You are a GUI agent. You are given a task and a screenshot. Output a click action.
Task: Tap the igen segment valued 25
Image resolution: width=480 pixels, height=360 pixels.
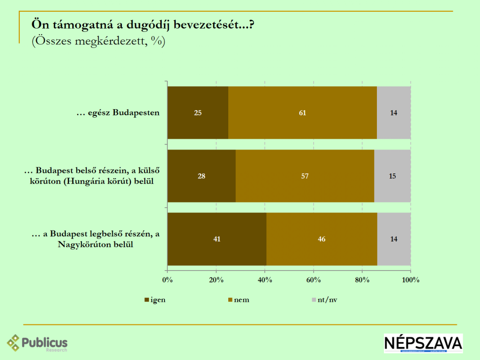[x=198, y=112]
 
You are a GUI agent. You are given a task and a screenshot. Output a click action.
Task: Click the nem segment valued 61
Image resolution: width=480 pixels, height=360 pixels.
[x=302, y=112]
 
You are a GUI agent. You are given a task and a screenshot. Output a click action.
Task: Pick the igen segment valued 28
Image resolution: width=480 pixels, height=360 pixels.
[x=202, y=176]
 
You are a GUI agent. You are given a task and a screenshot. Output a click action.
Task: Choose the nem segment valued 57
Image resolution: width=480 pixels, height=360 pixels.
[x=305, y=176]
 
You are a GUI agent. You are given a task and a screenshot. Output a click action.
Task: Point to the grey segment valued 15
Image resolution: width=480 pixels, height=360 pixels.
[x=392, y=176]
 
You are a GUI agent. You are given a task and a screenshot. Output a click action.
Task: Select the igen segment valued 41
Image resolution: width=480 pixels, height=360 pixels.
[x=217, y=239]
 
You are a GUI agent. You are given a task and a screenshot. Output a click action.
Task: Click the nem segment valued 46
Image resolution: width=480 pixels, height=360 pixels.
[x=322, y=239]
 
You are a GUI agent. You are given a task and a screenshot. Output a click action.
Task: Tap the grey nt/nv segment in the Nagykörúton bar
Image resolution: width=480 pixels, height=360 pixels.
[x=394, y=239]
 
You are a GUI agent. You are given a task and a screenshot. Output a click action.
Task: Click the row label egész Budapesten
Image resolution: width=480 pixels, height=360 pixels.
[x=119, y=113]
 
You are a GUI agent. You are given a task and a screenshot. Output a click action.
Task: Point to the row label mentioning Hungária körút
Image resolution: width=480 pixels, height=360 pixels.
[x=92, y=176]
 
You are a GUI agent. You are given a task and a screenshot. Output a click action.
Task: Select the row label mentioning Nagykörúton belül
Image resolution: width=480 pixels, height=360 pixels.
[x=96, y=239]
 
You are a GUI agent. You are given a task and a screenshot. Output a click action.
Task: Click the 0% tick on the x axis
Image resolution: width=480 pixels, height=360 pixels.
[x=167, y=280]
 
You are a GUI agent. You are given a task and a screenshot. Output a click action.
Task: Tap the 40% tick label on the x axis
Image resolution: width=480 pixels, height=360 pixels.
[x=265, y=280]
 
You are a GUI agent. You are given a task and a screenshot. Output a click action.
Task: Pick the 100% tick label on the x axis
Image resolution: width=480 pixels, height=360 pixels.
[x=411, y=280]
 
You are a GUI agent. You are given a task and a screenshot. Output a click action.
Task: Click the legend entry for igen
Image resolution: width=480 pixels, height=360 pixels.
[x=155, y=300]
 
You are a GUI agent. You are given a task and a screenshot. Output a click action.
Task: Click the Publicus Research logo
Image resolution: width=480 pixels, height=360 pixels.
[x=37, y=343]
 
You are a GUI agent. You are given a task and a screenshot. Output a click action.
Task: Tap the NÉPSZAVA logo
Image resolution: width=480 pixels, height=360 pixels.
[x=423, y=343]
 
